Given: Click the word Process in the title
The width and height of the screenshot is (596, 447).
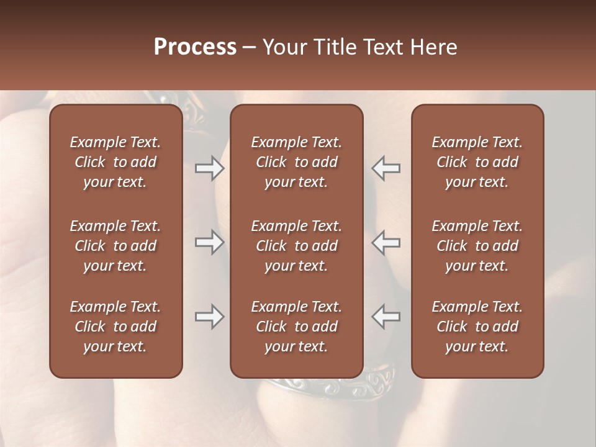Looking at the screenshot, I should (x=195, y=47).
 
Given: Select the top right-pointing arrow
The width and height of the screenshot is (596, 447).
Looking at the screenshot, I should (x=209, y=168).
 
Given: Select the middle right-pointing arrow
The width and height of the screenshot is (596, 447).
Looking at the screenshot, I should (x=209, y=242).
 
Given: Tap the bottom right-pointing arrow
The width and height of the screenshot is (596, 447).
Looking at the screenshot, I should (x=209, y=317).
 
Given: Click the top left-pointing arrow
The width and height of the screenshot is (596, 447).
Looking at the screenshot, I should (x=386, y=168).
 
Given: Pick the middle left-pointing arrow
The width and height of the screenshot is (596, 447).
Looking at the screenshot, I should (x=386, y=242).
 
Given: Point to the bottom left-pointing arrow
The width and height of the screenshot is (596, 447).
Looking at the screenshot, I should (x=386, y=317).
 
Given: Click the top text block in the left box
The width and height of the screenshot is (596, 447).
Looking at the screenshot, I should (x=115, y=162).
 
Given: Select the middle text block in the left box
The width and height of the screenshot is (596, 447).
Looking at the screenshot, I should (x=115, y=246).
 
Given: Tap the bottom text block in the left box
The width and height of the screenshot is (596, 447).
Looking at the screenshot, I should (x=115, y=327).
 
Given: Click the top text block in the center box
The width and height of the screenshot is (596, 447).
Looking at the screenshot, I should (x=296, y=162).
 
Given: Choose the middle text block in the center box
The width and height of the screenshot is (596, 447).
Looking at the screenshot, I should (x=296, y=246).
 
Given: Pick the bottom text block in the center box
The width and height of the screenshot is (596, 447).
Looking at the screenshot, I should (x=296, y=327).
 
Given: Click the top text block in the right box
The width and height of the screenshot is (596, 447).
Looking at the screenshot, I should (x=477, y=162).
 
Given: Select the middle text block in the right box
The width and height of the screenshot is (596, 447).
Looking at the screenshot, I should (x=477, y=246).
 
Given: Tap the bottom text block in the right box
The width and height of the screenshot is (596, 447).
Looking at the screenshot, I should (x=477, y=327).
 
